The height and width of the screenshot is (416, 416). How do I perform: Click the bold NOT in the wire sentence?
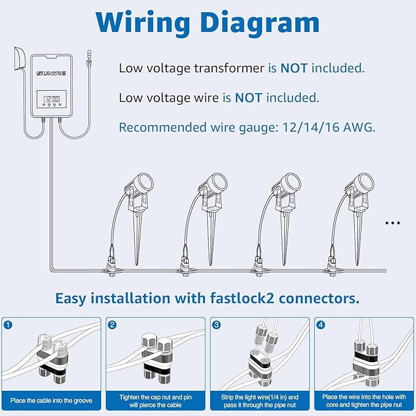248,97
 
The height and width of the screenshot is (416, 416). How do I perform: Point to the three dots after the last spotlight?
392,223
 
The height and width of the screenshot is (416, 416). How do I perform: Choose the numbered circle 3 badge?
216,325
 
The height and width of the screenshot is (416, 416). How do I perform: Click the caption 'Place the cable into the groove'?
51,401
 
